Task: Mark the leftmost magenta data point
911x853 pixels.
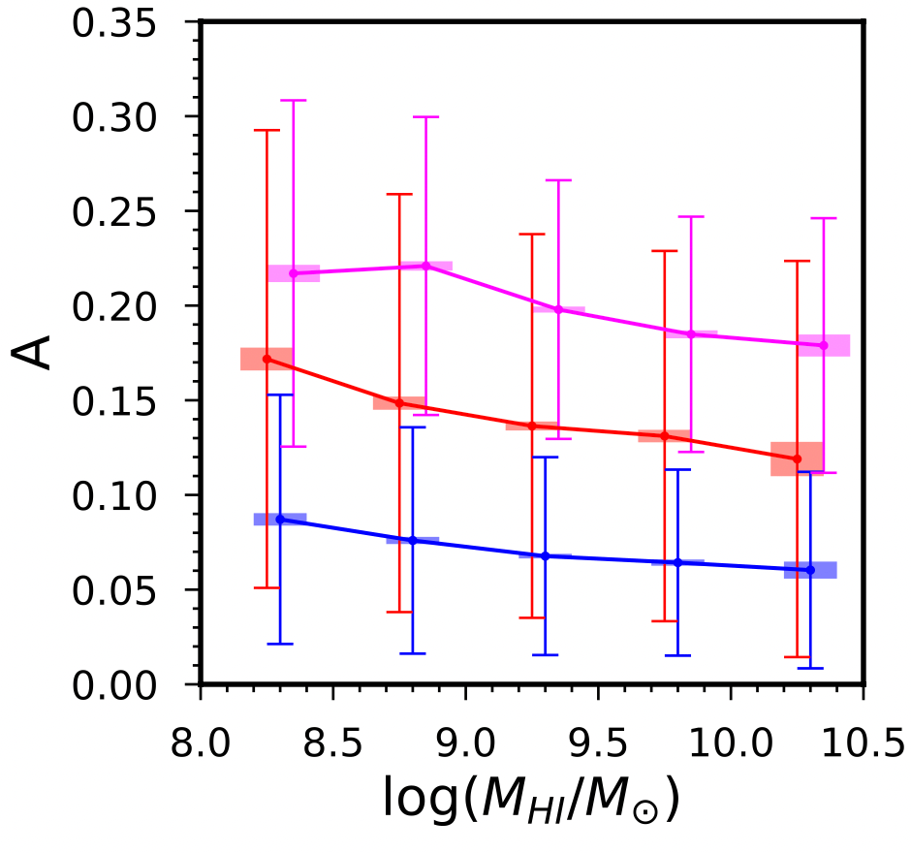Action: point(293,273)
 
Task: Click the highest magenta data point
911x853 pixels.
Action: point(425,266)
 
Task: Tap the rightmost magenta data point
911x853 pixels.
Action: point(824,345)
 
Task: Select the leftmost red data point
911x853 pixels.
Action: point(267,359)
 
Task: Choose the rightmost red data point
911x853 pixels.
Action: point(797,458)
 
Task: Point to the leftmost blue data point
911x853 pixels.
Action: point(280,520)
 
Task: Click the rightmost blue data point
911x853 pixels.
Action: point(810,570)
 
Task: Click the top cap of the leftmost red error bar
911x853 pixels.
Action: point(267,130)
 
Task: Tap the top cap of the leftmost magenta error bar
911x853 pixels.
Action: point(293,100)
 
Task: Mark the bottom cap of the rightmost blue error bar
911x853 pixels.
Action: point(810,668)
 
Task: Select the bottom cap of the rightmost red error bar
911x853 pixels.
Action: point(797,657)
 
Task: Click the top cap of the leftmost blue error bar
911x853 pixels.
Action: point(280,395)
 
